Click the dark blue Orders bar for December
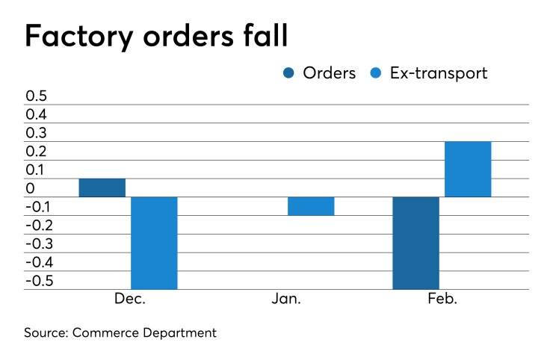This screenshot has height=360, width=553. [102, 187]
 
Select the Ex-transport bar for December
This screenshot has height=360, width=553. [154, 243]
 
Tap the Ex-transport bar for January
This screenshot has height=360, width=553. [311, 206]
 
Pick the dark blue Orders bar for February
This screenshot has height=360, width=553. [415, 243]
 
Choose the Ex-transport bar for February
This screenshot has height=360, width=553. [468, 169]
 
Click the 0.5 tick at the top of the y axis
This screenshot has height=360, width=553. [36, 96]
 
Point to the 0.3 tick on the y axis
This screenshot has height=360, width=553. [36, 133]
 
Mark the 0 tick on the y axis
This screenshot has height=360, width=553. [30, 188]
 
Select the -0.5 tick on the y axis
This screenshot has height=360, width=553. [39, 281]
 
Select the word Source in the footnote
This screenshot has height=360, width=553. [46, 333]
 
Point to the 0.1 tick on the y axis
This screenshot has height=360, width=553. [36, 170]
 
